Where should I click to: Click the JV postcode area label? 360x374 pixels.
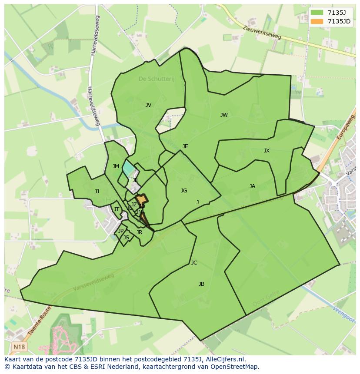tap(148, 105)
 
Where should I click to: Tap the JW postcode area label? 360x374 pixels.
tap(224, 115)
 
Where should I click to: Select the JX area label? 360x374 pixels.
tap(267, 151)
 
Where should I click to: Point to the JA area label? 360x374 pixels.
tap(252, 186)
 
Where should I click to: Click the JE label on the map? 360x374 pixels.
tap(185, 146)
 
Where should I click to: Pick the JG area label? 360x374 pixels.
tap(184, 191)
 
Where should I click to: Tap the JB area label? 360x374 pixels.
tap(201, 284)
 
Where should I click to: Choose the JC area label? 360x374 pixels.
tap(194, 263)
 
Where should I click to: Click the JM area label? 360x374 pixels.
tap(116, 166)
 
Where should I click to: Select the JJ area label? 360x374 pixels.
tap(97, 192)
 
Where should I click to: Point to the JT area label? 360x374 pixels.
tap(116, 209)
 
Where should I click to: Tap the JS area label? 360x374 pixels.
tap(126, 238)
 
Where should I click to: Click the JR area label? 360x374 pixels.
tap(139, 232)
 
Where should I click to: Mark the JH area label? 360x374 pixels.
tap(136, 180)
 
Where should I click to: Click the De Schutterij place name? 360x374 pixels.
tap(156, 79)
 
